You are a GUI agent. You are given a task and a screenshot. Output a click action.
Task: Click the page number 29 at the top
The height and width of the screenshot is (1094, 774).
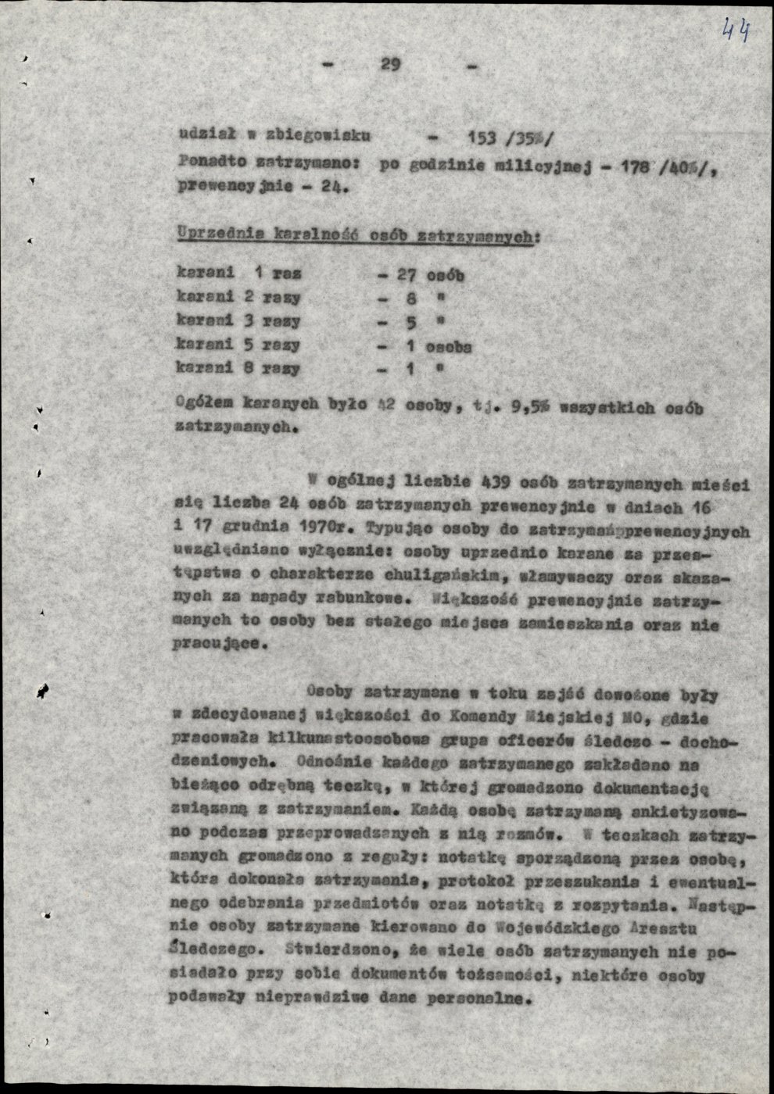390,65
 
